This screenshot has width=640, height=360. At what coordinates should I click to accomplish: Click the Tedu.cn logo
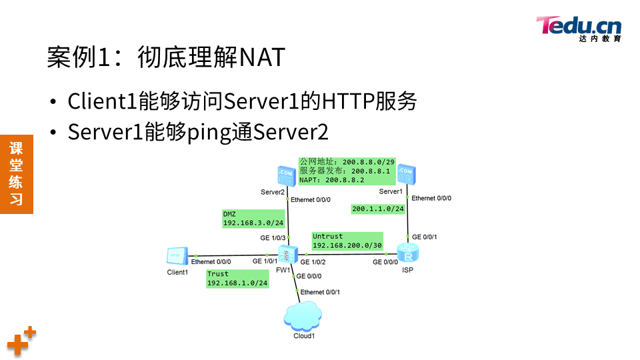[x=579, y=28]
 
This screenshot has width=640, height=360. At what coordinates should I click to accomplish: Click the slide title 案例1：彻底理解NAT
[x=166, y=58]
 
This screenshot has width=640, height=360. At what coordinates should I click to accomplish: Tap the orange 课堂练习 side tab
[x=16, y=173]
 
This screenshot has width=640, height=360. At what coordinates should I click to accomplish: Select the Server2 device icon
[x=285, y=176]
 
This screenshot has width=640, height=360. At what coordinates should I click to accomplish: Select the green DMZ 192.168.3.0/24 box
[x=253, y=219]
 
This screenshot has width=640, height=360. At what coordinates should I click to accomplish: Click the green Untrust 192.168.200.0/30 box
[x=347, y=241]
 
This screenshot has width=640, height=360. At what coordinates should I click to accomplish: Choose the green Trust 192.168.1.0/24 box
[x=237, y=279]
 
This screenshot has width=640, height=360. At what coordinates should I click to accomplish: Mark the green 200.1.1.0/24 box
[x=378, y=209]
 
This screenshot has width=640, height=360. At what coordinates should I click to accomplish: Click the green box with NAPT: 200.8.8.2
[x=347, y=171]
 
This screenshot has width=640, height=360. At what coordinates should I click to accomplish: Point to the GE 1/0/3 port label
[x=273, y=238]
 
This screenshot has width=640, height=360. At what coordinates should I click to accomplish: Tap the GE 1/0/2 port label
[x=313, y=262]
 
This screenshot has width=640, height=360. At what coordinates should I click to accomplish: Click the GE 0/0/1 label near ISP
[x=425, y=237]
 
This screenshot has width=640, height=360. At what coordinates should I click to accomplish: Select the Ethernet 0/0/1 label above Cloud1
[x=320, y=292]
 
